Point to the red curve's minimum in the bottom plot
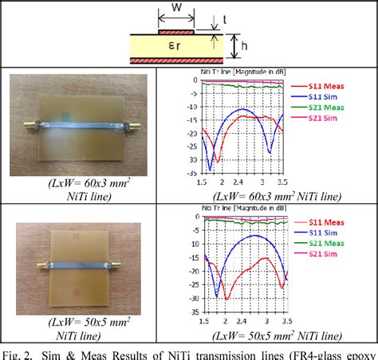[x=226, y=299]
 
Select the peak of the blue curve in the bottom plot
[x=254, y=236]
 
